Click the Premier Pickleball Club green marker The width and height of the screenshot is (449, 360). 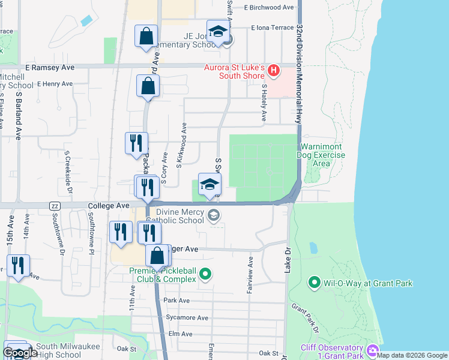click(205, 274)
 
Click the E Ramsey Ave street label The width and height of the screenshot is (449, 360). click(49, 68)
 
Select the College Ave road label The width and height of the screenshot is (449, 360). click(109, 205)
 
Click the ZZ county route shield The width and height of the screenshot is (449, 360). click(55, 206)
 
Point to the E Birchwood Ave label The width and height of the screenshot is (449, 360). click(269, 7)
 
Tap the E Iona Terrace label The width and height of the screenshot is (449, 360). click(273, 28)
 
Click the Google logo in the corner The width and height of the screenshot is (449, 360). click(20, 353)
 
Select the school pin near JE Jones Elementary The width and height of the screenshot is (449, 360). click(218, 32)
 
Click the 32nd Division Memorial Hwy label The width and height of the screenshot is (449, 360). click(298, 74)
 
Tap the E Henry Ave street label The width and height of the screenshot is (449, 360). click(55, 84)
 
